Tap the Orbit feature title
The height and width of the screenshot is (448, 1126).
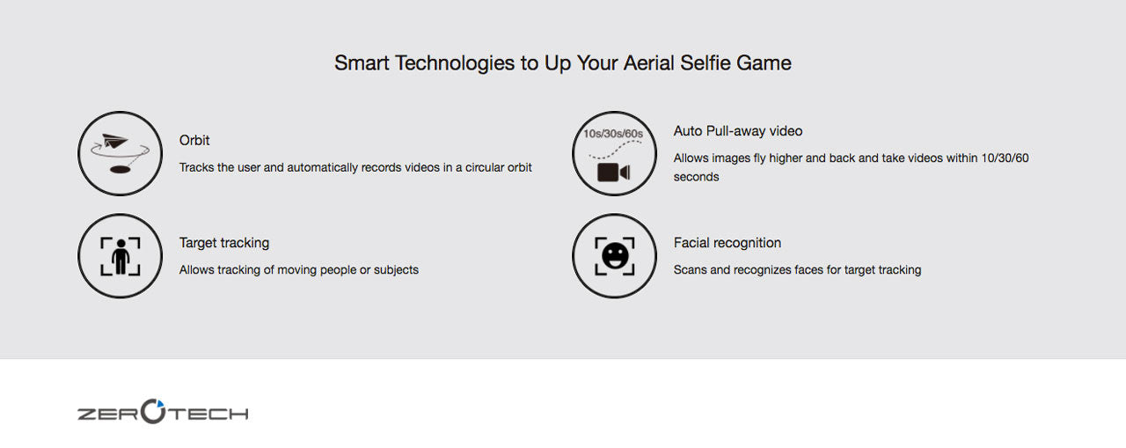pos(194,140)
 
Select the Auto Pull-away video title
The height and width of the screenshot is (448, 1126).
pos(737,131)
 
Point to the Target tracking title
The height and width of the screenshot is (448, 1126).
pos(224,243)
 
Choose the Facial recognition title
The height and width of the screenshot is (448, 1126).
pos(727,243)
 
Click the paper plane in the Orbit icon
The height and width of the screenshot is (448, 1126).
pos(114,142)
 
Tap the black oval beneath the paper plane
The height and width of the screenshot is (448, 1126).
pos(121,170)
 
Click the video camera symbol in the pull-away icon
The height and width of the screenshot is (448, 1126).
pos(613,173)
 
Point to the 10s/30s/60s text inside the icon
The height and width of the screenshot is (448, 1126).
pos(613,134)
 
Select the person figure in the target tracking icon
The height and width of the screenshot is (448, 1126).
pos(121,256)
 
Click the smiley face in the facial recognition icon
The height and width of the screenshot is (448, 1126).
pos(615,256)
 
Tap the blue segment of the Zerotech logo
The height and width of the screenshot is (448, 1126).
pos(159,403)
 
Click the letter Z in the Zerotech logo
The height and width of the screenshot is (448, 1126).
pos(85,415)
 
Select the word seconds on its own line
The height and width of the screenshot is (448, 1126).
pos(696,177)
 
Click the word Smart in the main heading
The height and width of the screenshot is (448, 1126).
pos(362,63)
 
